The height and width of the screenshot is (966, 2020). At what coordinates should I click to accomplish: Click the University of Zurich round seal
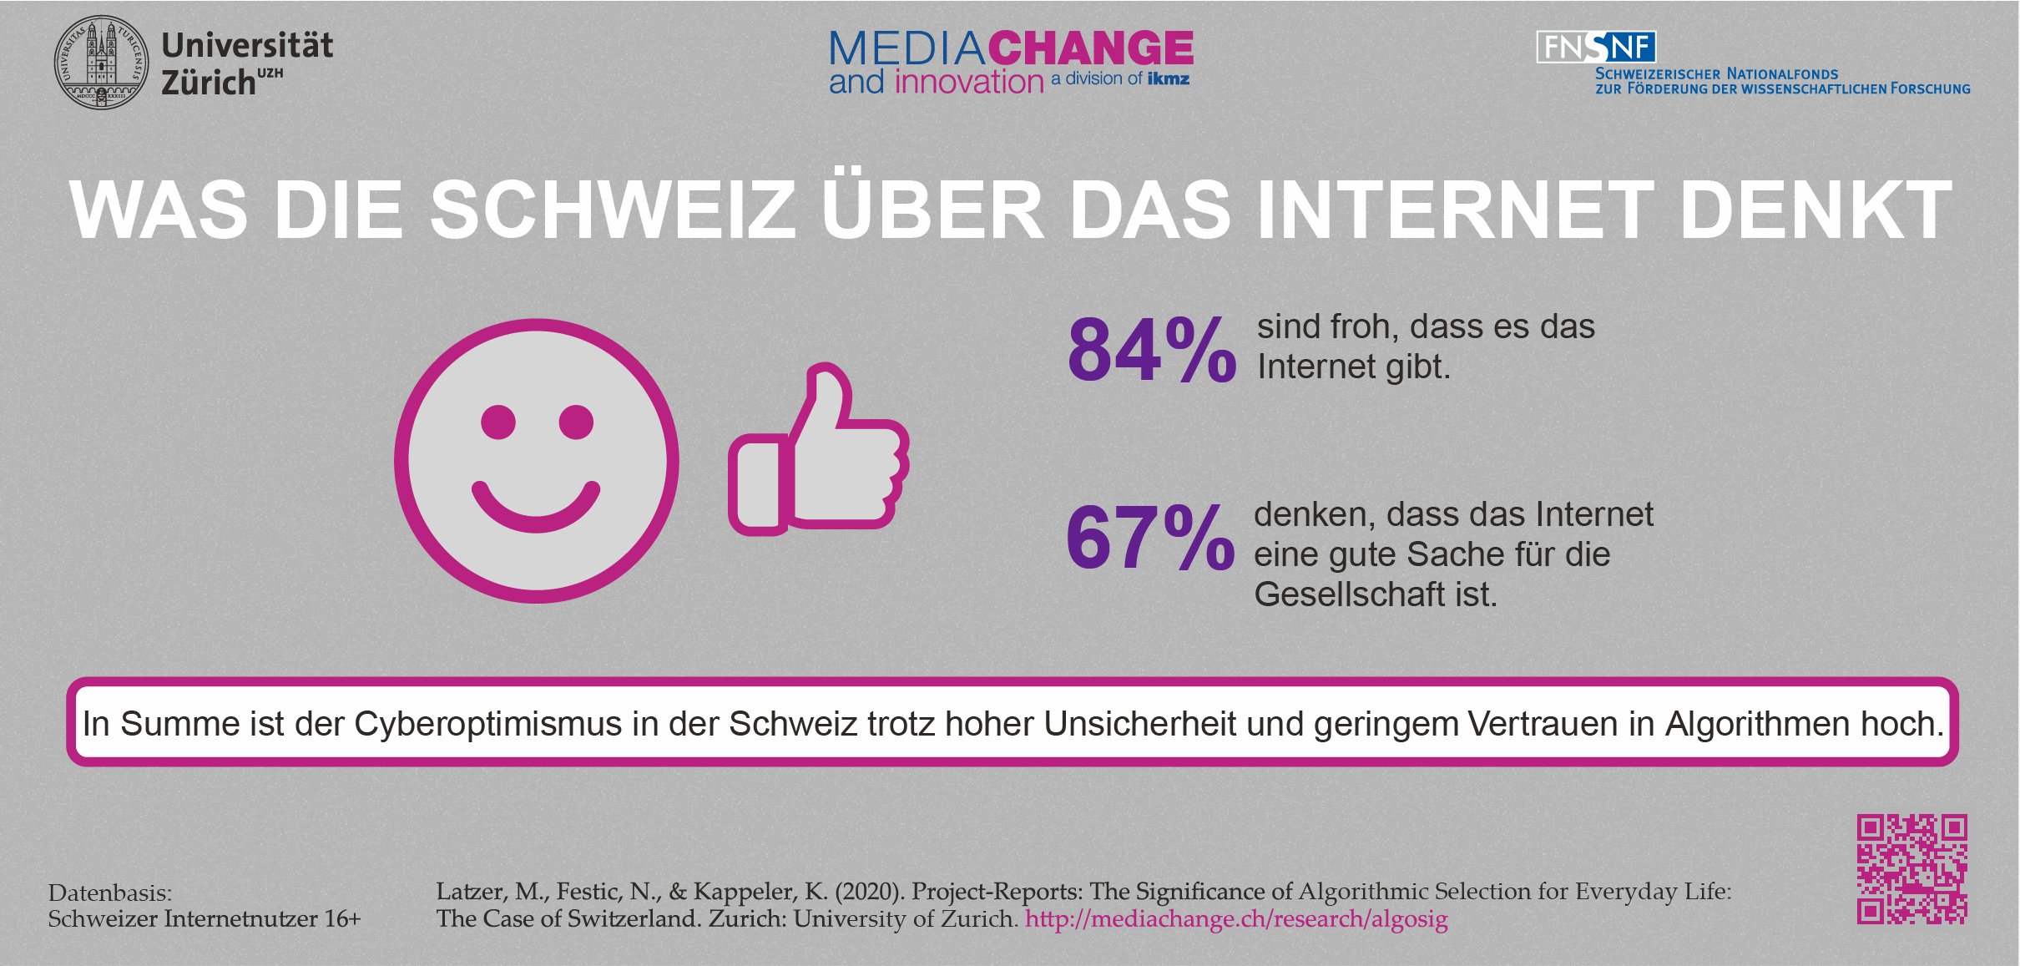point(102,62)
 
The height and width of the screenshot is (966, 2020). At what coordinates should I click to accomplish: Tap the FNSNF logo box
point(1596,48)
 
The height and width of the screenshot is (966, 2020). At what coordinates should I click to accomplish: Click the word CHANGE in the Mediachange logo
point(1091,48)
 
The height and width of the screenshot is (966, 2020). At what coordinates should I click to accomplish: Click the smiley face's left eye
point(498,422)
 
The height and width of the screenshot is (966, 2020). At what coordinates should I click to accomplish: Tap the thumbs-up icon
point(818,451)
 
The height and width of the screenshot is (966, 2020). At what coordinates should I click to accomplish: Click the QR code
point(1911,869)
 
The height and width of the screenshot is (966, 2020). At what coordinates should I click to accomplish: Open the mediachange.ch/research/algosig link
point(1236,919)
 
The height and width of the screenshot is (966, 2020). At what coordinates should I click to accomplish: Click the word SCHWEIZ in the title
point(613,210)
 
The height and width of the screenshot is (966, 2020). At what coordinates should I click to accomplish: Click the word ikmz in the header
point(1168,78)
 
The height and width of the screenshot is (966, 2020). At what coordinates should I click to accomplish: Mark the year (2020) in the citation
point(869,892)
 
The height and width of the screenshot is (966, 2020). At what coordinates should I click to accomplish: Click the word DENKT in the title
point(1815,210)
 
